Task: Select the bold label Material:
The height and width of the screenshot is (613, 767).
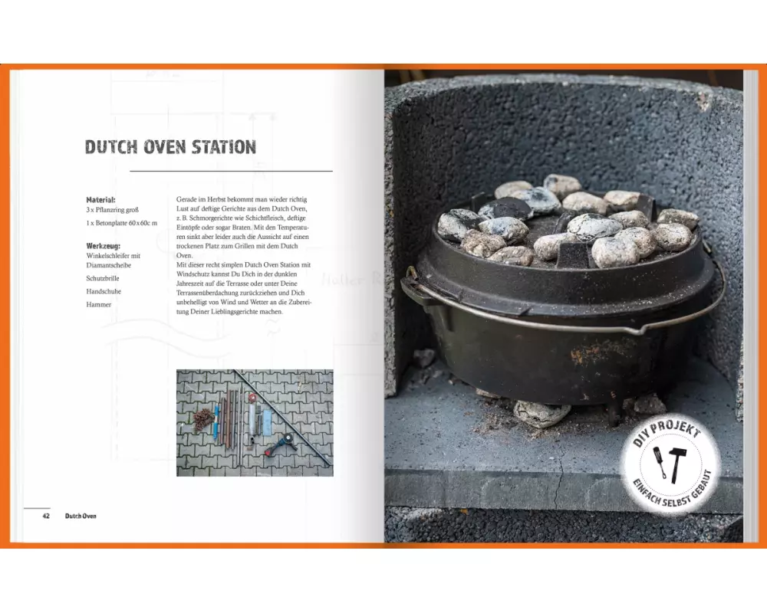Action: point(100,199)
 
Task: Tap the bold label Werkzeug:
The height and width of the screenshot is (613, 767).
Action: point(104,246)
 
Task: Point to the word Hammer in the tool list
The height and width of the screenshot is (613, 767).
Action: point(99,304)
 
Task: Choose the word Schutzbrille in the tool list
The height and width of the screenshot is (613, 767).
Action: point(103,278)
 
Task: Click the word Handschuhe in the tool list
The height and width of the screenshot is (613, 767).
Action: point(104,291)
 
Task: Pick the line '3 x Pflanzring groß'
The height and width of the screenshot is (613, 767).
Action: point(113,210)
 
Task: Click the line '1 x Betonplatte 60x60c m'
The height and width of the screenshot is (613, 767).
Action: point(122,223)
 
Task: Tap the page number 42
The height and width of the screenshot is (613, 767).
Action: point(46,516)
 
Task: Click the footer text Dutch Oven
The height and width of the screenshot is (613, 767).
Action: point(81,516)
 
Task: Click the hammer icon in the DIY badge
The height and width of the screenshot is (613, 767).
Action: point(676,464)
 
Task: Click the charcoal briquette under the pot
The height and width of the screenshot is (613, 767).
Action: point(541,413)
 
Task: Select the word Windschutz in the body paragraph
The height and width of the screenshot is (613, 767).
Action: point(193,274)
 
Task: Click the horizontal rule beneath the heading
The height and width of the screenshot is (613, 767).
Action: point(232,172)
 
